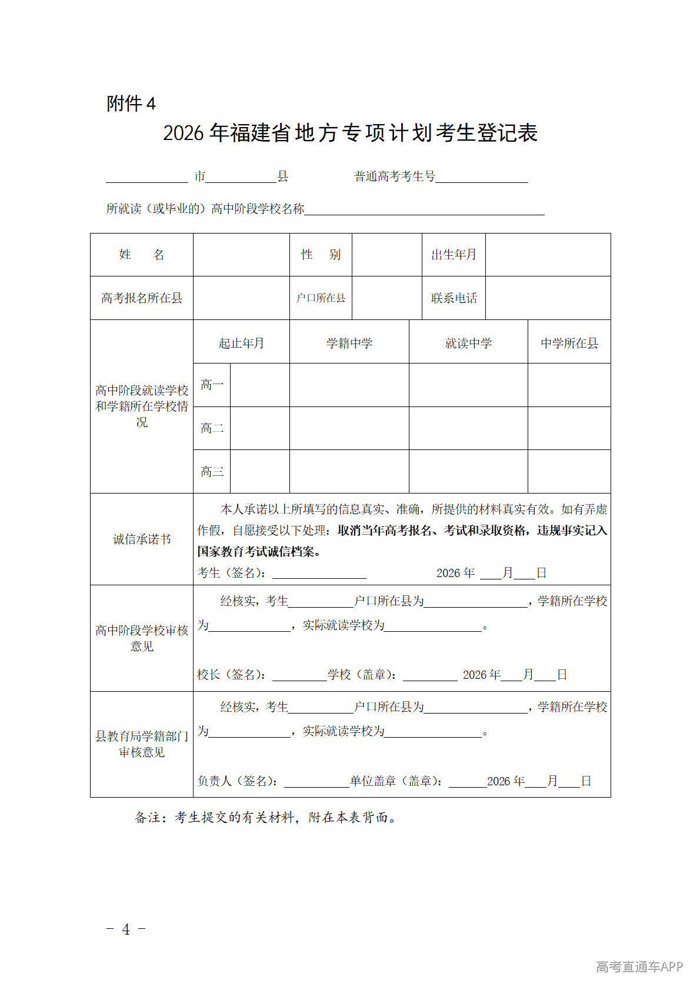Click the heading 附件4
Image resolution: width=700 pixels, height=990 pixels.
131,104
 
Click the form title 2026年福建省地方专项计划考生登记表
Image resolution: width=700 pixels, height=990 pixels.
350,133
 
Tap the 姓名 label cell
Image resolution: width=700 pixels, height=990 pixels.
141,255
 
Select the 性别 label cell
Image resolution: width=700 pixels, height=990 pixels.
321,255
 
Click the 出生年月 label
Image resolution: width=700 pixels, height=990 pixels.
454,255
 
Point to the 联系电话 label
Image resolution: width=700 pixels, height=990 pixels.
454,298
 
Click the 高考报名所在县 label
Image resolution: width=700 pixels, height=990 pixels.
141,298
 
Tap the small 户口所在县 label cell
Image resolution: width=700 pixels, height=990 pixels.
321,298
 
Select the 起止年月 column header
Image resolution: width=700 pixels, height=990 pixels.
241,343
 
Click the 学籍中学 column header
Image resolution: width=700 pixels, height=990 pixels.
349,343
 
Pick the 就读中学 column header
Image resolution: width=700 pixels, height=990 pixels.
468,343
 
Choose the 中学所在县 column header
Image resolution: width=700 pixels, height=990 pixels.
569,343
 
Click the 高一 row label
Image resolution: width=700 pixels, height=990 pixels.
212,385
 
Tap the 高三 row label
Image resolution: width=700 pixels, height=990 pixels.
212,472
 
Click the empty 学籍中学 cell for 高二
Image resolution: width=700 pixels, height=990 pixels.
349,428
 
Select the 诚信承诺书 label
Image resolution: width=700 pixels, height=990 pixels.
141,539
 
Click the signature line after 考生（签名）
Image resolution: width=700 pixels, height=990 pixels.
319,574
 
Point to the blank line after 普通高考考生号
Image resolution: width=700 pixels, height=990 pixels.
481,178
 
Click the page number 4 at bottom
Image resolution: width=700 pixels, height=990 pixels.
126,929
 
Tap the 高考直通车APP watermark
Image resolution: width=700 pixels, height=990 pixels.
639,966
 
